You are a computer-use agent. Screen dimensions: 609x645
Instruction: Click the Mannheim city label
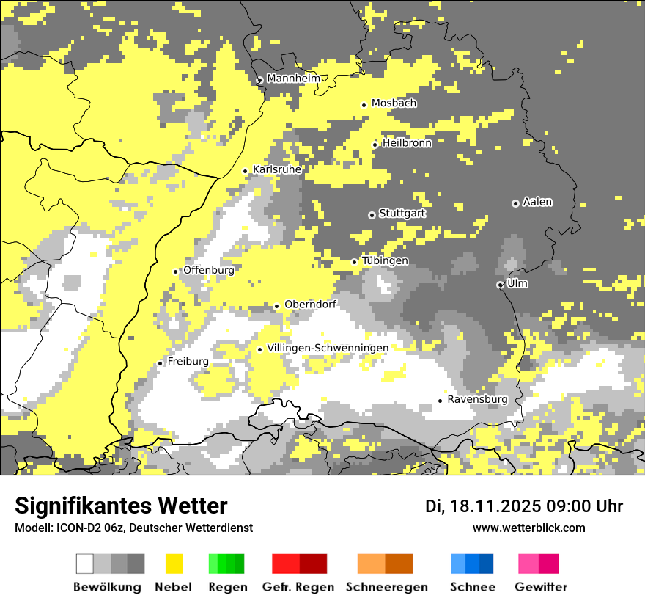point(293,79)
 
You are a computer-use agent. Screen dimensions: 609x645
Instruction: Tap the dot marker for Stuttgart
point(372,215)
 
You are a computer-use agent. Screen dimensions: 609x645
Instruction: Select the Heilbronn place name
point(407,143)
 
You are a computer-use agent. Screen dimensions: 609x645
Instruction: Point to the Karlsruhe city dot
point(246,171)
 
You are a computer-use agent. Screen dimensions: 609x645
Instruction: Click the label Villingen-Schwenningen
point(328,348)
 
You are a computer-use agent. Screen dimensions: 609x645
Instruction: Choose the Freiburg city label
point(188,362)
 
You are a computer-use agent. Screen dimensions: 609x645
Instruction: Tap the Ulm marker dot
point(500,285)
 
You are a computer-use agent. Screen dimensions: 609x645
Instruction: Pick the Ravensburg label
point(477,399)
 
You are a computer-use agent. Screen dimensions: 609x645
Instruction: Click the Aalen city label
point(537,202)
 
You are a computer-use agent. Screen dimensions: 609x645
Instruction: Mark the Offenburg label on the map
point(208,270)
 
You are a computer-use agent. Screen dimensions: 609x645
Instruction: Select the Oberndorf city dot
point(276,306)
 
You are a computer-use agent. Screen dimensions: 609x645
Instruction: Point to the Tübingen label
point(385,260)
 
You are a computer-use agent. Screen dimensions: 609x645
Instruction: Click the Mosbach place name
point(394,103)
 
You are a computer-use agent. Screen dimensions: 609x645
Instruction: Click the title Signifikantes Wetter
point(121,506)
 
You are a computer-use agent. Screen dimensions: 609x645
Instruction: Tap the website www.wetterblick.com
point(528,528)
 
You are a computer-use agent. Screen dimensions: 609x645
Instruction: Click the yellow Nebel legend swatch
point(174,564)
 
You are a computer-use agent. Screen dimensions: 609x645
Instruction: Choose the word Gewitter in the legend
point(541,587)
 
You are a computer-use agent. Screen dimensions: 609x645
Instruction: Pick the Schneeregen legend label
point(387,587)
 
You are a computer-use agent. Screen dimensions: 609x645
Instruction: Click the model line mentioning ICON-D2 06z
point(133,528)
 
